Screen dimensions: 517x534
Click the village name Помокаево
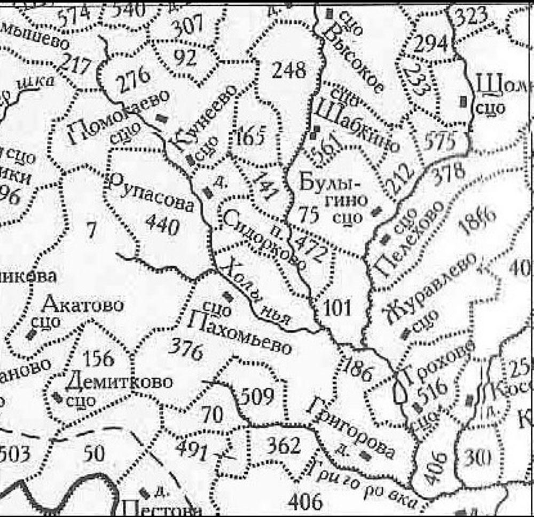tap(119, 117)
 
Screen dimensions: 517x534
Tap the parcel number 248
tap(289, 69)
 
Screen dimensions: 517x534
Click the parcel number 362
tap(283, 444)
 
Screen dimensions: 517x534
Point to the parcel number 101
tap(337, 308)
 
